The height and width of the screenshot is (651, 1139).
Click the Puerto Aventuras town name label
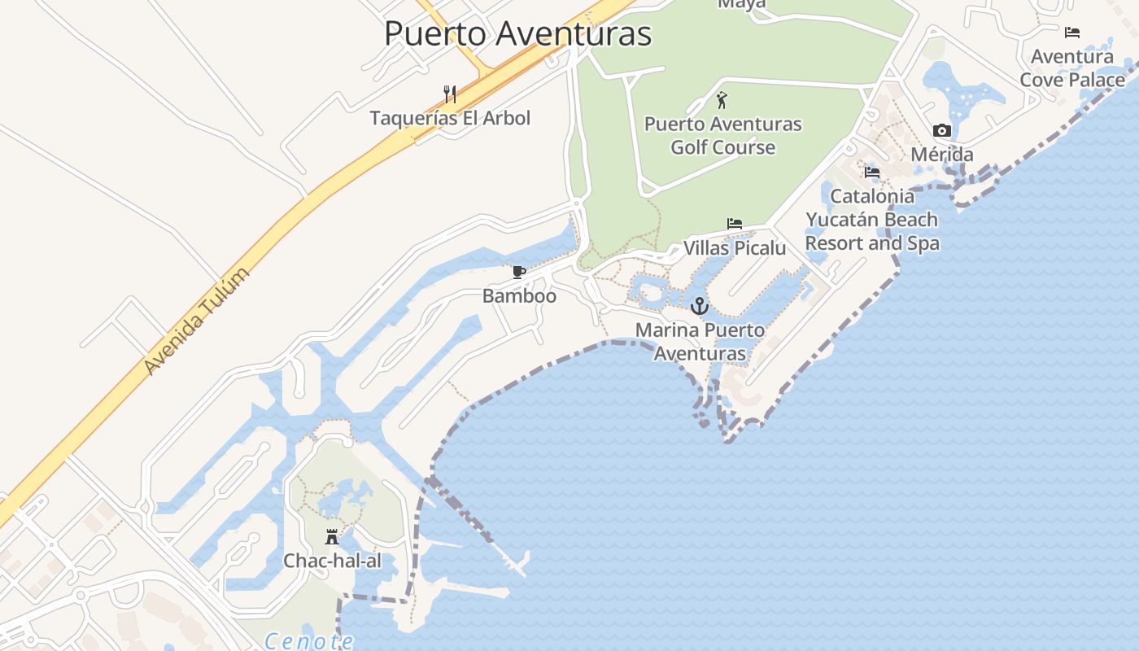pyautogui.click(x=517, y=34)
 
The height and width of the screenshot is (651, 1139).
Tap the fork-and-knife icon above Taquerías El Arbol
pyautogui.click(x=450, y=94)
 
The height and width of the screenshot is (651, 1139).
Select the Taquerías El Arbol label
pyautogui.click(x=450, y=118)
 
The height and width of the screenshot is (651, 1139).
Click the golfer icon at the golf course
pyautogui.click(x=722, y=100)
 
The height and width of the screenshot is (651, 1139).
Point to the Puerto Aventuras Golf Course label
pyautogui.click(x=722, y=136)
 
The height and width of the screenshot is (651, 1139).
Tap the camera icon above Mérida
pyautogui.click(x=942, y=130)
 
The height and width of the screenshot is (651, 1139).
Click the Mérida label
pyautogui.click(x=942, y=155)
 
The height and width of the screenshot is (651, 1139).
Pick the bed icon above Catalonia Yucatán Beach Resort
pyautogui.click(x=872, y=173)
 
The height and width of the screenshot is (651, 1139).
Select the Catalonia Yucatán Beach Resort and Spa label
pyautogui.click(x=872, y=220)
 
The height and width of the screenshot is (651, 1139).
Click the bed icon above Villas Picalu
pyautogui.click(x=735, y=224)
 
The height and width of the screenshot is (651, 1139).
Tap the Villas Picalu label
pyautogui.click(x=735, y=248)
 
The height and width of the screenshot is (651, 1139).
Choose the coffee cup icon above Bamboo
pyautogui.click(x=519, y=272)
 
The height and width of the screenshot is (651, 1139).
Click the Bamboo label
pyautogui.click(x=519, y=295)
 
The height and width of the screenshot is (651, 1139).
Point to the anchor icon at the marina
pyautogui.click(x=700, y=307)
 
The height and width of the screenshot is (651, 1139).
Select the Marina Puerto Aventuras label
pyautogui.click(x=700, y=342)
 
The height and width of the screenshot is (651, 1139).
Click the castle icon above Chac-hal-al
pyautogui.click(x=332, y=536)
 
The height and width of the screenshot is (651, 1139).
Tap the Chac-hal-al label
pyautogui.click(x=332, y=561)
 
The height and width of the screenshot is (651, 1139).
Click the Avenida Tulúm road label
pyautogui.click(x=195, y=321)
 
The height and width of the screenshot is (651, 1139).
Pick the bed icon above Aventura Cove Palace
pyautogui.click(x=1072, y=33)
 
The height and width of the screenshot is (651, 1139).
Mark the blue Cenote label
pyautogui.click(x=309, y=641)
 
